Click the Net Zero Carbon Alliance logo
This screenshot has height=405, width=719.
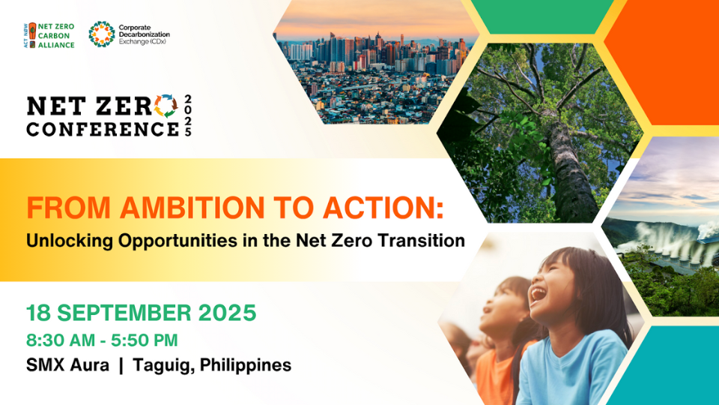click(x=49, y=34)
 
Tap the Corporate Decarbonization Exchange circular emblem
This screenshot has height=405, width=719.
click(x=101, y=34)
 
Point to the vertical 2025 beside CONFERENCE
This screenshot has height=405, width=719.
click(x=187, y=115)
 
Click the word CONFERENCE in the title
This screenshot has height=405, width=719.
click(x=102, y=128)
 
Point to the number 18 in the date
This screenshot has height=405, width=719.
click(x=38, y=311)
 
